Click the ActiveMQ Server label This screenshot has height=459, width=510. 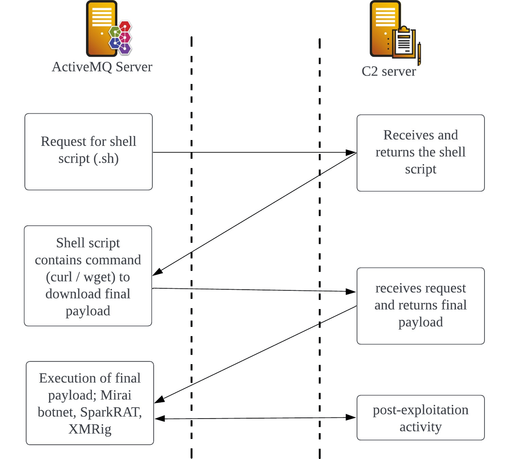pos(102,67)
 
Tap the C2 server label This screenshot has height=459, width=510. pos(388,71)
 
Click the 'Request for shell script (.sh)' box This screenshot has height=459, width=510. pos(89,152)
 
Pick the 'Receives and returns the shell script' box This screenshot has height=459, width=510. pos(420,153)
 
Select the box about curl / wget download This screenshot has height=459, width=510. pos(88,276)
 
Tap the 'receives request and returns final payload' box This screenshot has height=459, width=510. pos(420,306)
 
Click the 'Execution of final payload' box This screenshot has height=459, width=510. pos(90,403)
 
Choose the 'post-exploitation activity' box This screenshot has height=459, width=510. pos(420,418)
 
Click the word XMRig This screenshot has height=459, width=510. pos(90,429)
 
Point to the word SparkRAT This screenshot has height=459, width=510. pos(111,412)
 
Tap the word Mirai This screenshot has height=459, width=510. pos(116,395)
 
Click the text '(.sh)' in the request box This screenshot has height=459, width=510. pos(106,159)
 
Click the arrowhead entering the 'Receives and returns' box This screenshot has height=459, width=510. pos(351,152)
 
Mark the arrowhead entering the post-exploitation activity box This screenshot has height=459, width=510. pos(351,417)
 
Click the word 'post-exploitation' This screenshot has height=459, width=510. pos(420,410)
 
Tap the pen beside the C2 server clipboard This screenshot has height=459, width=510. pos(419,54)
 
